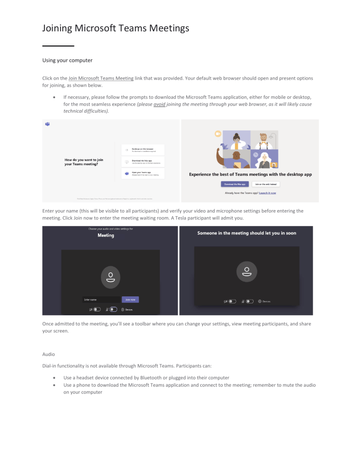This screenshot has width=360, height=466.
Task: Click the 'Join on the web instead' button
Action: [x=266, y=184]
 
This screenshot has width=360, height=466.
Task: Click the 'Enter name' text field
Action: [x=100, y=299]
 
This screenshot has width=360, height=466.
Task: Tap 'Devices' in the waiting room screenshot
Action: [x=266, y=301]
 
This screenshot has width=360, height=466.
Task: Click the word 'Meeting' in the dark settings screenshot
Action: [x=105, y=235]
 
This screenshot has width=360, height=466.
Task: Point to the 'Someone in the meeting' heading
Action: [x=247, y=233]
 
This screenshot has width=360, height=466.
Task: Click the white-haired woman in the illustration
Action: [x=265, y=159]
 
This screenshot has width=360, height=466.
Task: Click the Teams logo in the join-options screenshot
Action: [x=47, y=124]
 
